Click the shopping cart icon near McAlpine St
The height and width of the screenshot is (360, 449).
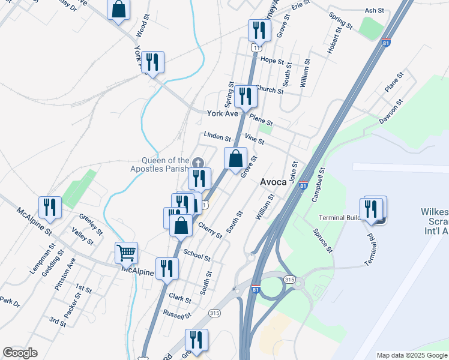click(x=127, y=253)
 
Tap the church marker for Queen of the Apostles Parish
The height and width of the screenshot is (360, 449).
click(x=199, y=162)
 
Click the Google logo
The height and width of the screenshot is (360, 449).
click(x=20, y=353)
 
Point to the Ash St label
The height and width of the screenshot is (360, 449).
click(x=374, y=11)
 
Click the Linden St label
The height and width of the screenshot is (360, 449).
click(x=217, y=137)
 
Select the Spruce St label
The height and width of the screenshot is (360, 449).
click(x=323, y=240)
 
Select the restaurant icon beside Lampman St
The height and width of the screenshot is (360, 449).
click(x=49, y=207)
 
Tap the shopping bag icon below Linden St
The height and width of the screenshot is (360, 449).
click(x=235, y=159)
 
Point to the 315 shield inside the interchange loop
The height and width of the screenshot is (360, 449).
click(x=290, y=280)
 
